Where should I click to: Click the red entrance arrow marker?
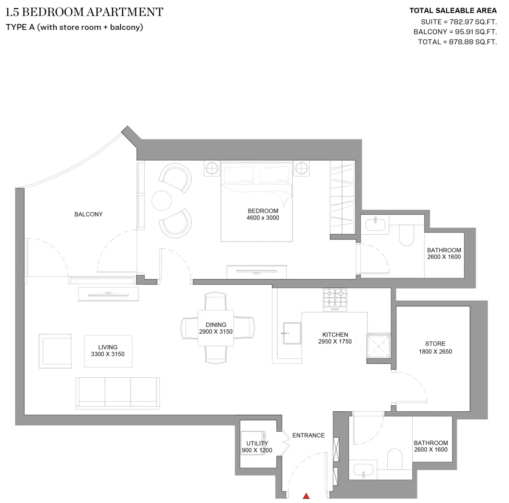point(305,496)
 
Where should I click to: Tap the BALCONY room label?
point(88,214)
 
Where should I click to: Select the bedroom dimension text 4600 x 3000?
point(263,218)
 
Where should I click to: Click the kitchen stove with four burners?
point(335,299)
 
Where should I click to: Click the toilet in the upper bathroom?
point(406,236)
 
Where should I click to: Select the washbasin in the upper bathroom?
point(375,224)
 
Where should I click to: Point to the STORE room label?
point(435,343)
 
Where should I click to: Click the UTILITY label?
point(257,443)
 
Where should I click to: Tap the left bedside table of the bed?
point(212,168)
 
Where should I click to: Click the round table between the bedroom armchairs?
point(162,200)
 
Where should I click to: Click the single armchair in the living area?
point(55,351)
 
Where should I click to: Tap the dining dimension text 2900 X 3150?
point(215,332)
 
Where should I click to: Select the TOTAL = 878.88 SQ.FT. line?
point(457,42)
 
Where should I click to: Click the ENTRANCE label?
point(308,435)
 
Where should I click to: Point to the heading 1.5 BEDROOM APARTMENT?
point(84,12)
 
